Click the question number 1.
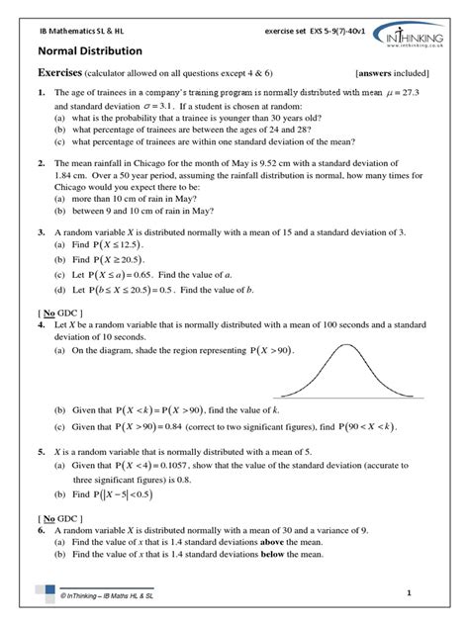(42, 93)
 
